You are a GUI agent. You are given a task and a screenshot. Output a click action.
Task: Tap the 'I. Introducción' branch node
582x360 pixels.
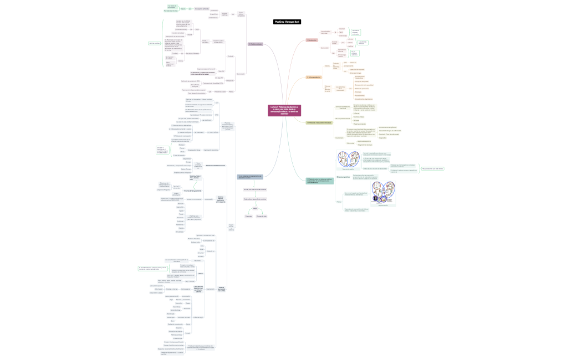312,40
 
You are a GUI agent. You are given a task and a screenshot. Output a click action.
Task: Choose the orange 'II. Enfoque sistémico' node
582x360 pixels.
314,78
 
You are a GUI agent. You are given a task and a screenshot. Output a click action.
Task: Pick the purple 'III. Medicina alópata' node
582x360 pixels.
255,44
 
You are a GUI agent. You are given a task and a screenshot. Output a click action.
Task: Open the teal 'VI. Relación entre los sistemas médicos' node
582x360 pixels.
320,180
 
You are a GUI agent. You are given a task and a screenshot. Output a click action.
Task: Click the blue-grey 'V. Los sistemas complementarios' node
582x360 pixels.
250,177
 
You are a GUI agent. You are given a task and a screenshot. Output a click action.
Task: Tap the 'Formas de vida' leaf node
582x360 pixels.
262,216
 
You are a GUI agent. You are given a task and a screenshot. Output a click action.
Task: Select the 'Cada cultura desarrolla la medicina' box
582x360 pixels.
255,198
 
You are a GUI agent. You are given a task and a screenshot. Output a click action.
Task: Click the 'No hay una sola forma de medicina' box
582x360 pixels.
255,189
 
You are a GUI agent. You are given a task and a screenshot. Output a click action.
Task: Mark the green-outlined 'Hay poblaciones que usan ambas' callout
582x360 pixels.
432,168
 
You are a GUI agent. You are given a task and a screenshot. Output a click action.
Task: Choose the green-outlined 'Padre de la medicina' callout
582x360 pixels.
154,43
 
